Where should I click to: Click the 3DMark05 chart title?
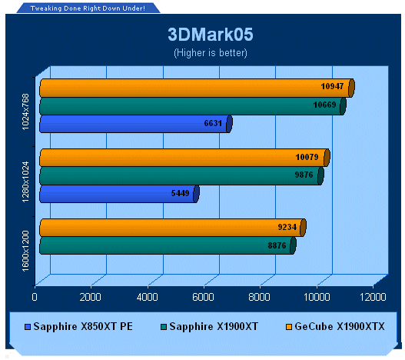click(211, 35)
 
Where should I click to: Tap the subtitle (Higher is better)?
click(211, 53)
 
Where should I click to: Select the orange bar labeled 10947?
click(197, 88)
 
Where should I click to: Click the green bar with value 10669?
click(193, 106)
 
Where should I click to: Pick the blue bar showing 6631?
click(136, 124)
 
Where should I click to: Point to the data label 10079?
click(307, 157)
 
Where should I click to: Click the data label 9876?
click(304, 175)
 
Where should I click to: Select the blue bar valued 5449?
click(119, 194)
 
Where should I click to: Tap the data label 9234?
click(287, 227)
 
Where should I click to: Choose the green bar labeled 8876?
click(168, 245)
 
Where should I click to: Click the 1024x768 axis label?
click(25, 112)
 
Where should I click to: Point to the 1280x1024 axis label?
click(25, 182)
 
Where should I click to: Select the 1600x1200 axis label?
click(25, 251)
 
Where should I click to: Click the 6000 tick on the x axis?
click(203, 297)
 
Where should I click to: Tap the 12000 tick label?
click(373, 297)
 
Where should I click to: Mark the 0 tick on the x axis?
click(35, 297)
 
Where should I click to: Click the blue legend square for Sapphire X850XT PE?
click(28, 327)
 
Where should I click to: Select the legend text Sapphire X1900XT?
click(214, 326)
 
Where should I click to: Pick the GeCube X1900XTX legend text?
click(340, 326)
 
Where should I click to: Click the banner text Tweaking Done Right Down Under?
click(88, 8)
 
